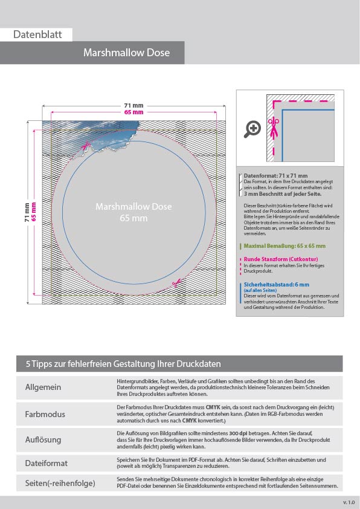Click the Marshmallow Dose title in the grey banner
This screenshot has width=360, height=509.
point(126,53)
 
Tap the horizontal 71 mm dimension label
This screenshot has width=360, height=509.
point(133,106)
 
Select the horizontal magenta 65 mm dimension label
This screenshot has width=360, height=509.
point(133,112)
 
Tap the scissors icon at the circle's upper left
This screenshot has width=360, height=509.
point(88,145)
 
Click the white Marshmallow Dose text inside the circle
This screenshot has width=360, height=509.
point(133,207)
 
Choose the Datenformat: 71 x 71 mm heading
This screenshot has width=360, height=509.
point(275,176)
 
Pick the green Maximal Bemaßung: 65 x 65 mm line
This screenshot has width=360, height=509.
point(284,246)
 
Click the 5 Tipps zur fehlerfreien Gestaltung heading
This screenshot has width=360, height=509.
point(123,364)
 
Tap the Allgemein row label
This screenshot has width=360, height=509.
point(43,387)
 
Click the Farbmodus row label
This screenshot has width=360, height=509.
point(45,414)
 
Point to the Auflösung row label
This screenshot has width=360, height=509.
point(44,439)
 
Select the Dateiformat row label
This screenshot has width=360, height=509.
point(46,463)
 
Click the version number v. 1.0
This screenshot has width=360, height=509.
point(349,502)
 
